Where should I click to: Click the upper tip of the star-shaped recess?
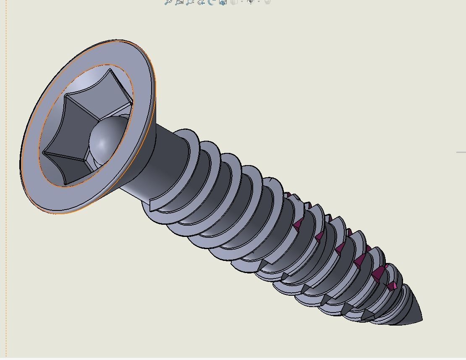point(110,70)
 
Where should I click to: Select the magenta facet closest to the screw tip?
point(392,286)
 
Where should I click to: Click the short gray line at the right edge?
point(461,152)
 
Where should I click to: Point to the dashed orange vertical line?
point(6,210)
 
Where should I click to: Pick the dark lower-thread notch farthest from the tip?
point(264,265)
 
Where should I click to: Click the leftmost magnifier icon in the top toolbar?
point(168,2)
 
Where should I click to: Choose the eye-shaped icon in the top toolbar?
point(251,2)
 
